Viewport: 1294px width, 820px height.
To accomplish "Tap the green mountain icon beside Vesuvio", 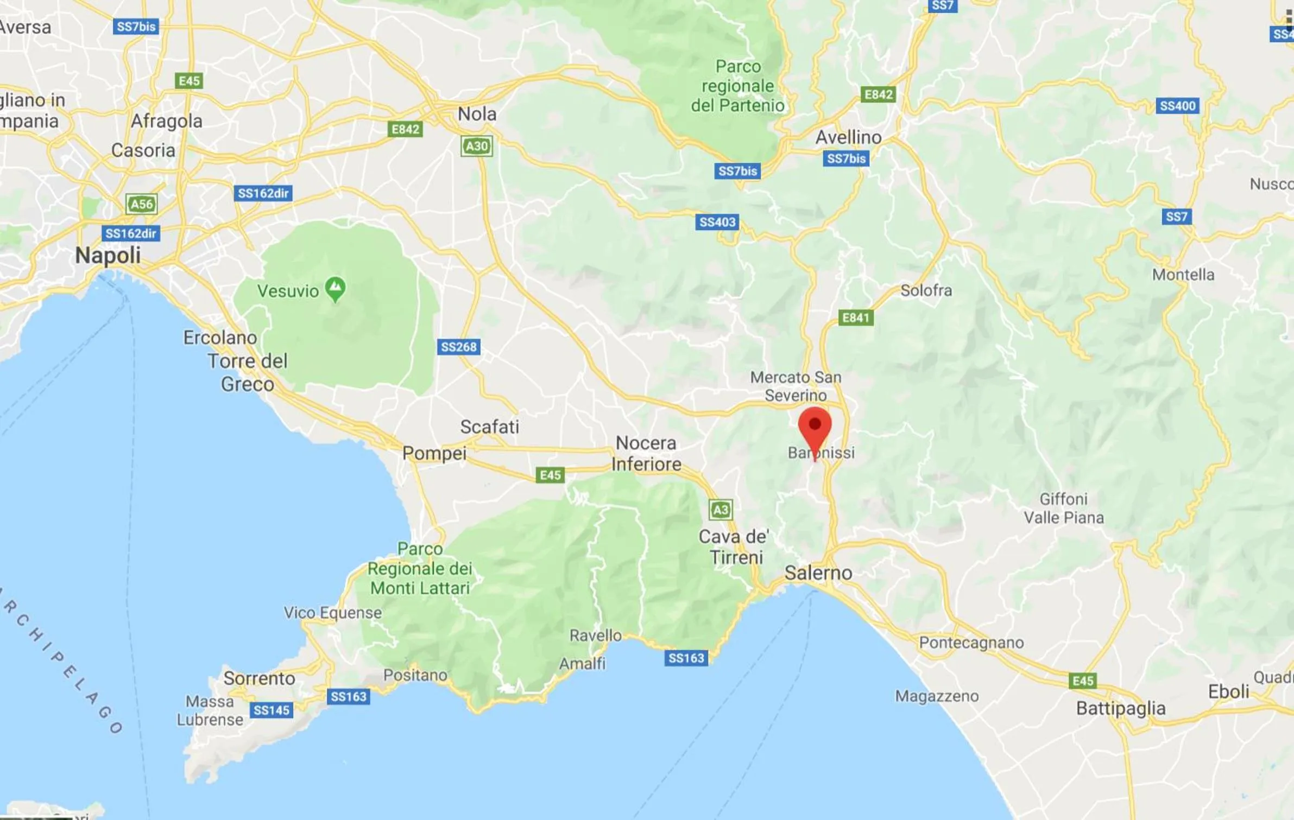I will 335,288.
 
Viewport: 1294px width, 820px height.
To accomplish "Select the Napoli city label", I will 108,255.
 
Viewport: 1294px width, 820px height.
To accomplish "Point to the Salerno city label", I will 818,573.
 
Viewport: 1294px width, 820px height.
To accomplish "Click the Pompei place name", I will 434,453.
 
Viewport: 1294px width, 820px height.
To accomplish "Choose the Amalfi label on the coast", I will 582,663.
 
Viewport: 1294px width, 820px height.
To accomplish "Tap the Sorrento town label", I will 259,678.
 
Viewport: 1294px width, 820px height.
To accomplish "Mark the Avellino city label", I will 848,137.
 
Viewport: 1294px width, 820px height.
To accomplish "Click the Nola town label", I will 477,114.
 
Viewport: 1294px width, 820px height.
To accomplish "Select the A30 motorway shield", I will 476,146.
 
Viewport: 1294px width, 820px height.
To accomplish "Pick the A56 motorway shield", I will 141,204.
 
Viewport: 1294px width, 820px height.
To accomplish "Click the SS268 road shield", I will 458,347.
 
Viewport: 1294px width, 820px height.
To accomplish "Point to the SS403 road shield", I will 717,222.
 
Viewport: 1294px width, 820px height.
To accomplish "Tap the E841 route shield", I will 856,317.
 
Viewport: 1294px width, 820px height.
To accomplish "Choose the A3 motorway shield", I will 720,510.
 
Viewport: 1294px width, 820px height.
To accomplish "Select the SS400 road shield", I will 1177,106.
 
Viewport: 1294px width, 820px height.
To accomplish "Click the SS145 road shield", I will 272,710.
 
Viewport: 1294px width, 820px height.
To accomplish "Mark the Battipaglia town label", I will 1120,708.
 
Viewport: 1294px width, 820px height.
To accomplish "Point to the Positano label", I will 415,675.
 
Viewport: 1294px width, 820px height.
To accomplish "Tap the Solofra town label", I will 926,290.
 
